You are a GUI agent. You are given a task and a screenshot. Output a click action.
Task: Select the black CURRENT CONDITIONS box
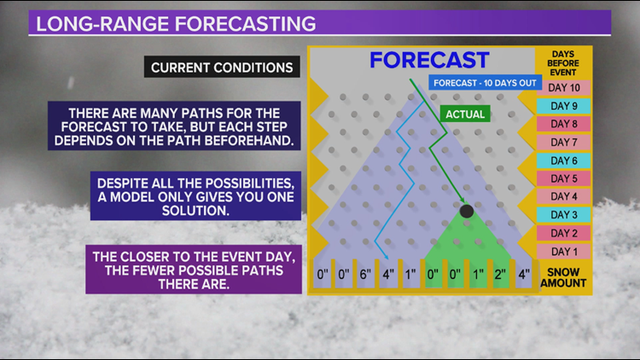(x=220, y=67)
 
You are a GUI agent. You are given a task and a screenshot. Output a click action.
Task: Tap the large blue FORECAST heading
(x=428, y=60)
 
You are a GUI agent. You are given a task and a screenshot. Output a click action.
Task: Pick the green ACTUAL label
(x=465, y=113)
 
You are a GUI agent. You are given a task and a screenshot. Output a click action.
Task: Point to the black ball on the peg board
(x=466, y=210)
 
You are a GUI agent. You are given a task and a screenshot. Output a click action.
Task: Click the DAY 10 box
(x=563, y=88)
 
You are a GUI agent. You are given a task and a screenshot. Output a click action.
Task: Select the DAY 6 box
(x=563, y=160)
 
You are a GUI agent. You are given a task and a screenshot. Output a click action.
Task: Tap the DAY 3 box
(x=563, y=215)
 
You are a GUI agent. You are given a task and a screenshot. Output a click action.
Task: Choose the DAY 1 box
(x=563, y=252)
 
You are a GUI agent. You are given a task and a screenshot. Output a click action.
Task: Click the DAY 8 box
(x=563, y=125)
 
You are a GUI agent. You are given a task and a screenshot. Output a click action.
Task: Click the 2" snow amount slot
(x=499, y=276)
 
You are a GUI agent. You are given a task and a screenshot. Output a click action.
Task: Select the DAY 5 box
(x=563, y=179)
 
